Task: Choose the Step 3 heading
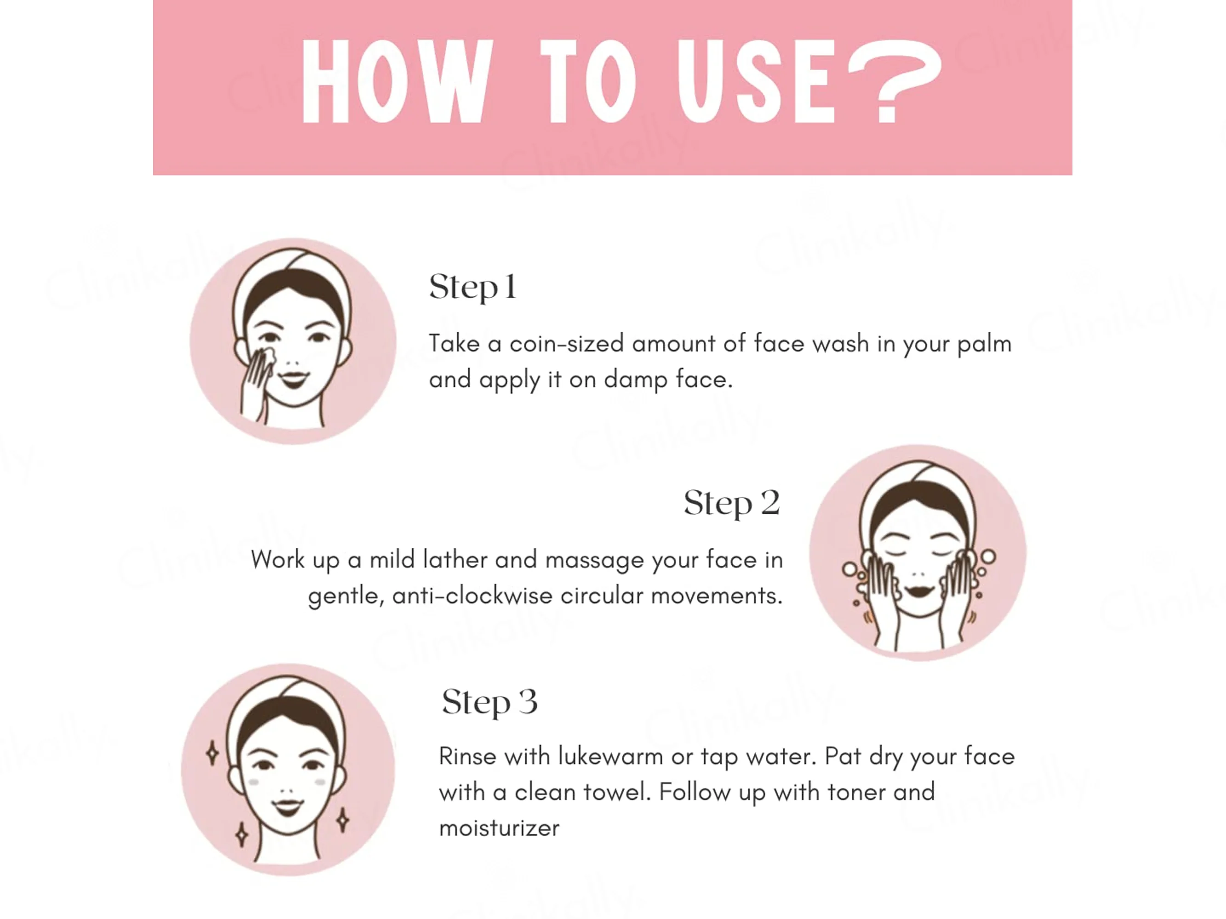[x=490, y=703]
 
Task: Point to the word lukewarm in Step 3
[x=610, y=756]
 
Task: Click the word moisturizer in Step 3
[x=499, y=828]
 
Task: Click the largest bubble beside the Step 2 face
[x=988, y=556]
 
